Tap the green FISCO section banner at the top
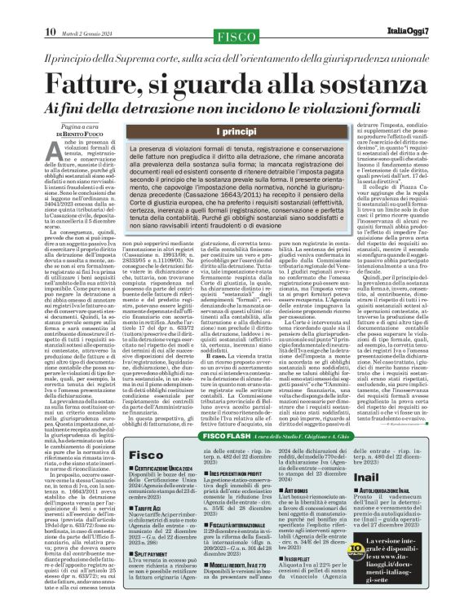coord(236,12)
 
